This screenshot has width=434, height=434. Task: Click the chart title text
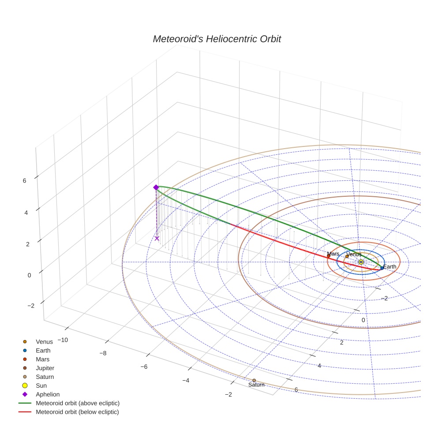pyautogui.click(x=217, y=39)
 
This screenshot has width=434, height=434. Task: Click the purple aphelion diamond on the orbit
pyautogui.click(x=156, y=187)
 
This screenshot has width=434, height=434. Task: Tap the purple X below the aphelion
pyautogui.click(x=157, y=238)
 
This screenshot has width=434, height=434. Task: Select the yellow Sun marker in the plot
pyautogui.click(x=361, y=262)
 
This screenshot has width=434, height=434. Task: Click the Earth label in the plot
pyautogui.click(x=389, y=266)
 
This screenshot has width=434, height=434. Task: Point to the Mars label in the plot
pyautogui.click(x=333, y=254)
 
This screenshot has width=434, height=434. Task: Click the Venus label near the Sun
pyautogui.click(x=354, y=254)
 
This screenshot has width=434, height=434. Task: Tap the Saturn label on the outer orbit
pyautogui.click(x=256, y=385)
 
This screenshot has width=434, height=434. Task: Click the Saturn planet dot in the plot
pyautogui.click(x=254, y=380)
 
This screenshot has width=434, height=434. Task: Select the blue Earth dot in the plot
pyautogui.click(x=382, y=268)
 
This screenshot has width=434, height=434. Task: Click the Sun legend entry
pyautogui.click(x=41, y=385)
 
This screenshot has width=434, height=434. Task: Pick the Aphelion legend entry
pyautogui.click(x=47, y=394)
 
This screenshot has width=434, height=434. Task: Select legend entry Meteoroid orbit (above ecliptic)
pyautogui.click(x=78, y=403)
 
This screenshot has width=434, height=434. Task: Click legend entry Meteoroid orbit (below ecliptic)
pyautogui.click(x=77, y=412)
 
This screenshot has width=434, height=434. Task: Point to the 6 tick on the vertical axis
pyautogui.click(x=24, y=180)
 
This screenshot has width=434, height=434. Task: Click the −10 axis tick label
pyautogui.click(x=62, y=340)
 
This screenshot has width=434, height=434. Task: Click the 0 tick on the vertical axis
pyautogui.click(x=29, y=275)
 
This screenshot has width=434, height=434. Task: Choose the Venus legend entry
pyautogui.click(x=44, y=341)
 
